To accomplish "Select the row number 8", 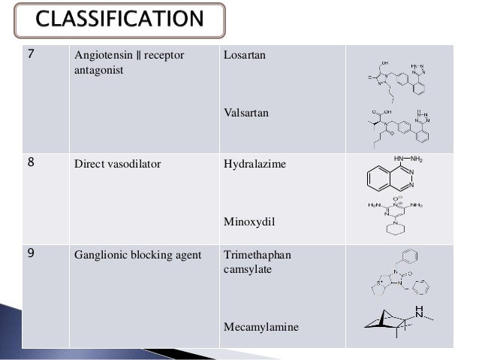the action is (31, 163).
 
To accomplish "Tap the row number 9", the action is (31, 254).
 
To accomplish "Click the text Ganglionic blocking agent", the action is (137, 255).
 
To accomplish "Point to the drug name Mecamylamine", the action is (261, 328).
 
